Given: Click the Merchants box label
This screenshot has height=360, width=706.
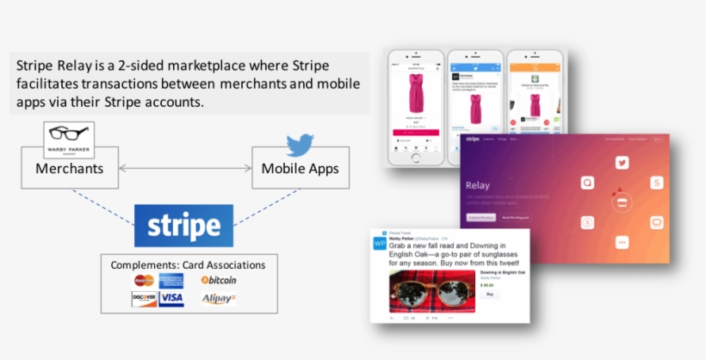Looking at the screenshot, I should coord(69,168).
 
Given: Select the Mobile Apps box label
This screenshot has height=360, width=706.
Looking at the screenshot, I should coord(300,168).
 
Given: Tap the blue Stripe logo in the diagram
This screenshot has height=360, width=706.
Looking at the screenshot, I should coord(183,226).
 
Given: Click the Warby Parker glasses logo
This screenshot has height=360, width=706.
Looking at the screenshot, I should coord(68,136).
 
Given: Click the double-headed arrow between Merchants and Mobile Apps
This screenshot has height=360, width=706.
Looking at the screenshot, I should coord(183,168).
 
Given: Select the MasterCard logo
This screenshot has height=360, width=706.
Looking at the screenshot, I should coord(144,281).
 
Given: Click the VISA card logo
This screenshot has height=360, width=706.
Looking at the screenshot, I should coord(171,299).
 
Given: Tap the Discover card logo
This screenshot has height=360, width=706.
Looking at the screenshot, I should coord(144,299).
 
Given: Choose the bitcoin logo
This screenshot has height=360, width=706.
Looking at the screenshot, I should coord(219,280).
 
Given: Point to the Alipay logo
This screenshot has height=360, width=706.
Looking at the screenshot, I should coord(219,299).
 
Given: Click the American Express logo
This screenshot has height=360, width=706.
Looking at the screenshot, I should coord(170,281).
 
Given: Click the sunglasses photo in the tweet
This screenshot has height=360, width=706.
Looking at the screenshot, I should coord(429,293).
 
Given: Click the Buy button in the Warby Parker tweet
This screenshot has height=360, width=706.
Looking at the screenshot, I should coord(490,294).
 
